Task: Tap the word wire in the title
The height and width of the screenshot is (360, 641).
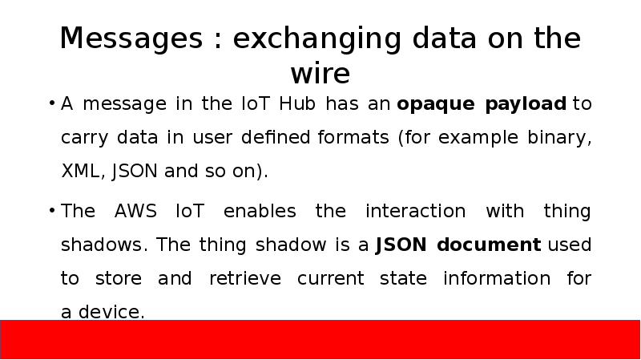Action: pyautogui.click(x=320, y=74)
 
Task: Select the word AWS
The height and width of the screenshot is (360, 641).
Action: pyautogui.click(x=136, y=212)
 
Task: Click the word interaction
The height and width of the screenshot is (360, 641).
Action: pyautogui.click(x=415, y=212)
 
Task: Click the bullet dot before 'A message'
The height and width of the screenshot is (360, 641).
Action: pyautogui.click(x=51, y=105)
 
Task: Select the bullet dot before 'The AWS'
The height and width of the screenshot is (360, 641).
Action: pyautogui.click(x=51, y=212)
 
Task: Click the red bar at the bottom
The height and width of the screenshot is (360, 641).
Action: pyautogui.click(x=320, y=338)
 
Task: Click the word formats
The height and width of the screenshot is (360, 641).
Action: pyautogui.click(x=352, y=138)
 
